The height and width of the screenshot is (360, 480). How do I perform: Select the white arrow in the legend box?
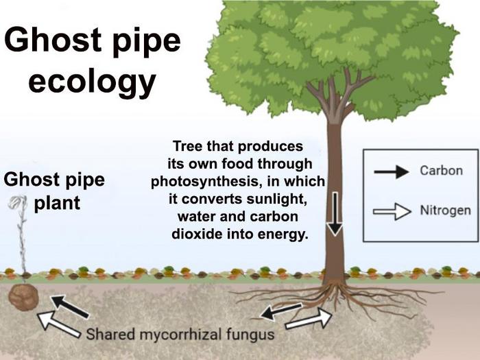click(392, 212)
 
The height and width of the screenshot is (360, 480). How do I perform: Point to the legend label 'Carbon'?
click(441, 171)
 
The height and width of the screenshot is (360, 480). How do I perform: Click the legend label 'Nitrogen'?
click(445, 210)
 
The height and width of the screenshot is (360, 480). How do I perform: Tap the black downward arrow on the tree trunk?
click(335, 214)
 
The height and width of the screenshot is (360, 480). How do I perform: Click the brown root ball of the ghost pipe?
click(25, 297)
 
